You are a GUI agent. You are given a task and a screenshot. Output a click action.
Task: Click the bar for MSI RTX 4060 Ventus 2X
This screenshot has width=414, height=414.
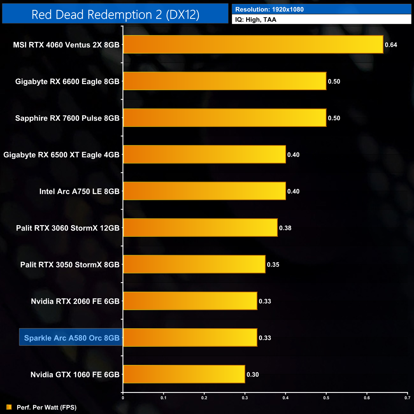coord(253,45)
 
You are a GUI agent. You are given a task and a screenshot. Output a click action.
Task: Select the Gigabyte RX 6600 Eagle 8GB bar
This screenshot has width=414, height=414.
coord(225,81)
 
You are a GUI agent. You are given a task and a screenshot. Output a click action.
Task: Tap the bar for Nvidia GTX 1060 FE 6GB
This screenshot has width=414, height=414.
coord(184,374)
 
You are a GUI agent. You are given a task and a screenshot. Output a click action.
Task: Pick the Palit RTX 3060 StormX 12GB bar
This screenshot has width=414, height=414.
coord(200,228)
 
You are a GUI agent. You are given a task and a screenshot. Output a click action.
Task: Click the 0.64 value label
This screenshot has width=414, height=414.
coord(391,45)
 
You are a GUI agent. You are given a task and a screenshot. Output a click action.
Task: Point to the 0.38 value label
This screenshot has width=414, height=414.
coord(285,228)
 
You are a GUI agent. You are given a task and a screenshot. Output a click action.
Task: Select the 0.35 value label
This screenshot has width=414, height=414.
coord(273,265)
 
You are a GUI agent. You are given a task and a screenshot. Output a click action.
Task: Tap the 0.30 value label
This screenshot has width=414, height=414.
coord(253,375)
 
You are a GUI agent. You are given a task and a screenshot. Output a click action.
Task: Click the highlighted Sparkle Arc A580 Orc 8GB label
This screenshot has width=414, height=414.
coord(72,338)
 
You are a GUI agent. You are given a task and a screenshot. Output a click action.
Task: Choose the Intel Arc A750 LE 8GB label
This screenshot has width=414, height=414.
coord(79,191)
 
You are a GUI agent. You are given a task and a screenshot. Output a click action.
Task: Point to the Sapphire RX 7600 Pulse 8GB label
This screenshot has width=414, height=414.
coord(67,118)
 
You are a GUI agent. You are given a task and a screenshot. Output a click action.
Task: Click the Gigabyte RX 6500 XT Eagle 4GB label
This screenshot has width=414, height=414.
coord(61,155)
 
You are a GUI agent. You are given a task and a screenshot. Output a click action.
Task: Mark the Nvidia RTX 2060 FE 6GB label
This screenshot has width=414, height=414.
coord(75,301)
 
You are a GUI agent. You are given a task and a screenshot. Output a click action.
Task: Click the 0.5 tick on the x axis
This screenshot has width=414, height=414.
coord(326,398)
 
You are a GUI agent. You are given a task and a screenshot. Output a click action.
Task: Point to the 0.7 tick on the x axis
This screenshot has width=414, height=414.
coord(407,398)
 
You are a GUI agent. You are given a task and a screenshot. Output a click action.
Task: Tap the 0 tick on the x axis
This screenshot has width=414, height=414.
coord(123,398)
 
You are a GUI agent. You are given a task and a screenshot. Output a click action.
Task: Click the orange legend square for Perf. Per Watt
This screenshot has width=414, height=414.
coord(9,407)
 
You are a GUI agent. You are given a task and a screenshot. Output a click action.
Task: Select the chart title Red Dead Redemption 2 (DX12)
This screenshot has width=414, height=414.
coord(115,15)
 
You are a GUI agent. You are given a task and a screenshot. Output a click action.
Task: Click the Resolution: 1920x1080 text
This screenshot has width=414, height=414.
coord(269,10)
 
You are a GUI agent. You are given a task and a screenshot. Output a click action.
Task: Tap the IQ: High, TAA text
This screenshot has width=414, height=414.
coord(256,20)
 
